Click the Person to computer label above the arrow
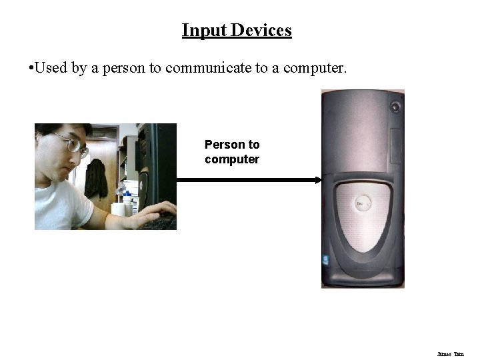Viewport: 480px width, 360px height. point(232,152)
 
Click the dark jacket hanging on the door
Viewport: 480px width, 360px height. point(96,178)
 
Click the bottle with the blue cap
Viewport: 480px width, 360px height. point(126,201)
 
